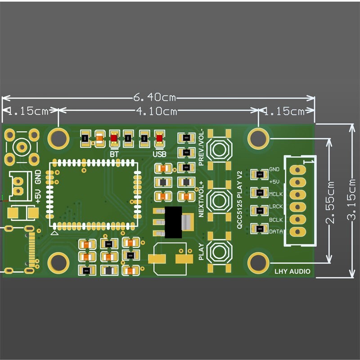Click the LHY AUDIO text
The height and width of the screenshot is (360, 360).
[x=292, y=271]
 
